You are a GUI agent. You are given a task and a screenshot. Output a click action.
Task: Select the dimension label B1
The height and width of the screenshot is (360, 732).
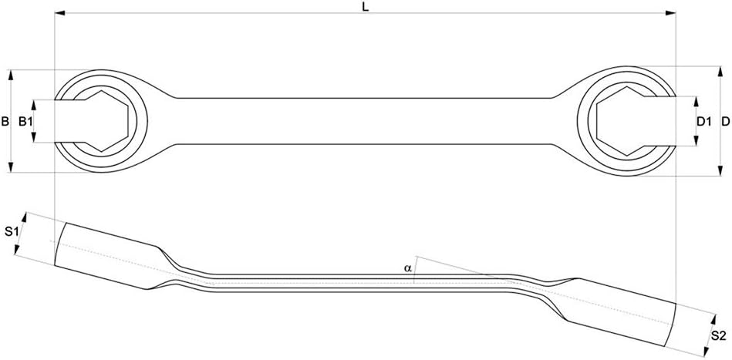[x=25, y=122]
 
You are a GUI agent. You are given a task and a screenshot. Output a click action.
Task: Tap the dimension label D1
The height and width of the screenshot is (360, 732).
[x=703, y=122]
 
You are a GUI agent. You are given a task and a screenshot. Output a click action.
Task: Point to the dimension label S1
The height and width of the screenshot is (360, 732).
[x=12, y=230]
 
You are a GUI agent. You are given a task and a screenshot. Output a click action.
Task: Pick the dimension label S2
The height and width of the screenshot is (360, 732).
[x=718, y=335]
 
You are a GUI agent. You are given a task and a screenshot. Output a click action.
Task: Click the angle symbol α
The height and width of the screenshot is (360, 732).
[x=407, y=268]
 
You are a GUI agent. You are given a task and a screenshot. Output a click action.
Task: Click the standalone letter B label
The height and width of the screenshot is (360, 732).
[x=5, y=122]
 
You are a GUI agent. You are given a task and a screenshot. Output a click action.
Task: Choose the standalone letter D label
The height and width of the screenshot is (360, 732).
[x=725, y=122]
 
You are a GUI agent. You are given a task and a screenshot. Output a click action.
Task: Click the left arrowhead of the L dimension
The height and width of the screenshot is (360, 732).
[x=59, y=13]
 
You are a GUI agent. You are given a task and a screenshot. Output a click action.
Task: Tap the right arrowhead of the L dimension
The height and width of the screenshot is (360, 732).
[x=671, y=13]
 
